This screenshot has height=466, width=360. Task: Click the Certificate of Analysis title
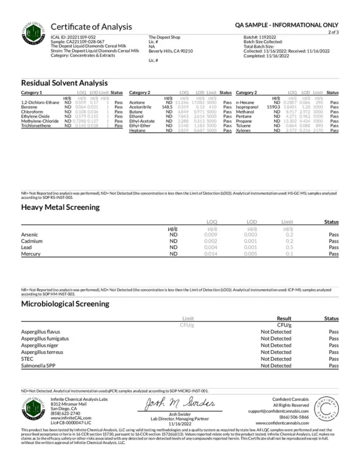point(91,27)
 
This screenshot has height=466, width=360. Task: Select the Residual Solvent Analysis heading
point(64,82)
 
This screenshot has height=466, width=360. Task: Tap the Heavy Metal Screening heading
point(60,207)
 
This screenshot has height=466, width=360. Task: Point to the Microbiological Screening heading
point(65,303)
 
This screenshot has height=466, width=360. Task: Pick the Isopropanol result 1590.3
point(273,107)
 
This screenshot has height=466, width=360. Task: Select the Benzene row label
point(29,107)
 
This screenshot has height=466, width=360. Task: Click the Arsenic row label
point(29,235)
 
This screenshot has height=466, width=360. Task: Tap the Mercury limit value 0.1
point(289,254)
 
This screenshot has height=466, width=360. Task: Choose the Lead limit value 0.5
point(289,247)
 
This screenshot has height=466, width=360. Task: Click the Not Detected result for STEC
point(276,359)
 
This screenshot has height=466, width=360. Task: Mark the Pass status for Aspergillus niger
point(334,346)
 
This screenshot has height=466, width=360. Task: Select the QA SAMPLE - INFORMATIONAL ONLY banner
point(286,25)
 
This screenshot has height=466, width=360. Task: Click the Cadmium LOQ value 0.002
point(211,241)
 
